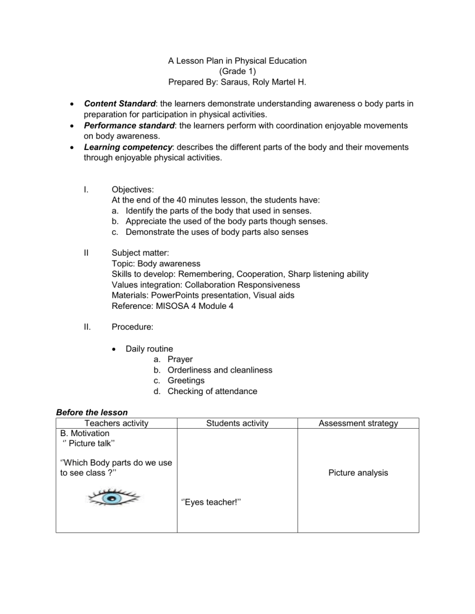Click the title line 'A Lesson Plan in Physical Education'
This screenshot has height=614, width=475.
click(237, 61)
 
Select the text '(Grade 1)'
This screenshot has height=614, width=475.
click(237, 71)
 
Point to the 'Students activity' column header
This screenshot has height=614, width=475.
click(237, 423)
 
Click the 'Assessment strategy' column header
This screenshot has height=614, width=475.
click(358, 423)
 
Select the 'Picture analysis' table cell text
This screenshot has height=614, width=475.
click(358, 473)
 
